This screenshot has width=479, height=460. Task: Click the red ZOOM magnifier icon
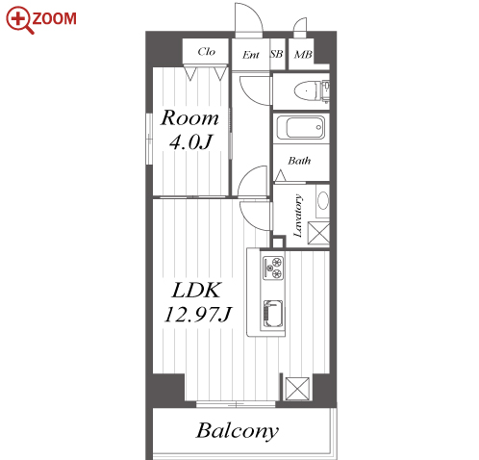pyautogui.click(x=18, y=20)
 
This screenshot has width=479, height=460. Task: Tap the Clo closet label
pyautogui.click(x=206, y=51)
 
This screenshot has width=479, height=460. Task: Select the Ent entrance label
pyautogui.click(x=250, y=55)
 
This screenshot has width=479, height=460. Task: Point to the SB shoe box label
pyautogui.click(x=277, y=54)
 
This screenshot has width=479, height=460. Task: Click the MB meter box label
pyautogui.click(x=303, y=55)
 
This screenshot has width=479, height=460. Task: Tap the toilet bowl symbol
pyautogui.click(x=307, y=91)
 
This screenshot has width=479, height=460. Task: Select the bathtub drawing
pyautogui.click(x=301, y=127)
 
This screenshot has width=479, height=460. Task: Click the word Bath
pyautogui.click(x=299, y=161)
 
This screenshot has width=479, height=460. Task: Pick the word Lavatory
pyautogui.click(x=298, y=216)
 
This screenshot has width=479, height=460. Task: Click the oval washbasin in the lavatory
pyautogui.click(x=323, y=200)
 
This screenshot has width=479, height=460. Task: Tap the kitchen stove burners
pyautogui.click(x=273, y=268)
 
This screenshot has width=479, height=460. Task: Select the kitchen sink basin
pyautogui.click(x=273, y=314)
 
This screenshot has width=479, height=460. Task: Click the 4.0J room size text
pyautogui.click(x=190, y=141)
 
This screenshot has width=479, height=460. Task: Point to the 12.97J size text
pyautogui.click(x=198, y=314)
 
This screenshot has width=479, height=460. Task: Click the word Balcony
pyautogui.click(x=238, y=431)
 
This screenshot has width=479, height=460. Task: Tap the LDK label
pyautogui.click(x=196, y=291)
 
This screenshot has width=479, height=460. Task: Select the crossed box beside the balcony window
pyautogui.click(x=297, y=389)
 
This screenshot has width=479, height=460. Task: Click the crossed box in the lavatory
pyautogui.click(x=318, y=233)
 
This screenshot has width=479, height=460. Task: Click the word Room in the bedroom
pyautogui.click(x=189, y=117)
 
